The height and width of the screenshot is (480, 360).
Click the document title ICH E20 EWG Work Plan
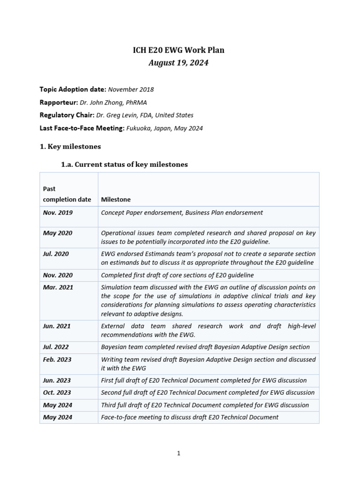[178, 50]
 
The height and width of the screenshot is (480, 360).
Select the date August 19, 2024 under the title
[178, 63]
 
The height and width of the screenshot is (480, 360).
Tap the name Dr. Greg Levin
[117, 115]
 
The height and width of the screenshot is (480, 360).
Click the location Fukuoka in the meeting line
[140, 128]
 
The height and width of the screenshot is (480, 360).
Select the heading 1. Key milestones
[70, 147]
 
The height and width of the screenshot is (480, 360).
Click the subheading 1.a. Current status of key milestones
[125, 165]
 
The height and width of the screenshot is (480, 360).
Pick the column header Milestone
[116, 199]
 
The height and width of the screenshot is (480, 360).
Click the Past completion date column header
[67, 194]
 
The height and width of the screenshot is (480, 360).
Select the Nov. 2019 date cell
[58, 212]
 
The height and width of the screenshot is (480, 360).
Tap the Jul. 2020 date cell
[56, 254]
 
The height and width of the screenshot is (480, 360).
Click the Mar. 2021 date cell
[58, 287]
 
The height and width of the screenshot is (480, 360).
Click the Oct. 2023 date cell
[57, 392]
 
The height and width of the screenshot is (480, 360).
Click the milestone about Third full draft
[205, 405]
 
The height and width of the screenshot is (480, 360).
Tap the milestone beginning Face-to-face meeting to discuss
[189, 417]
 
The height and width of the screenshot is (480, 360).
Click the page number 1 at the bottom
[179, 453]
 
